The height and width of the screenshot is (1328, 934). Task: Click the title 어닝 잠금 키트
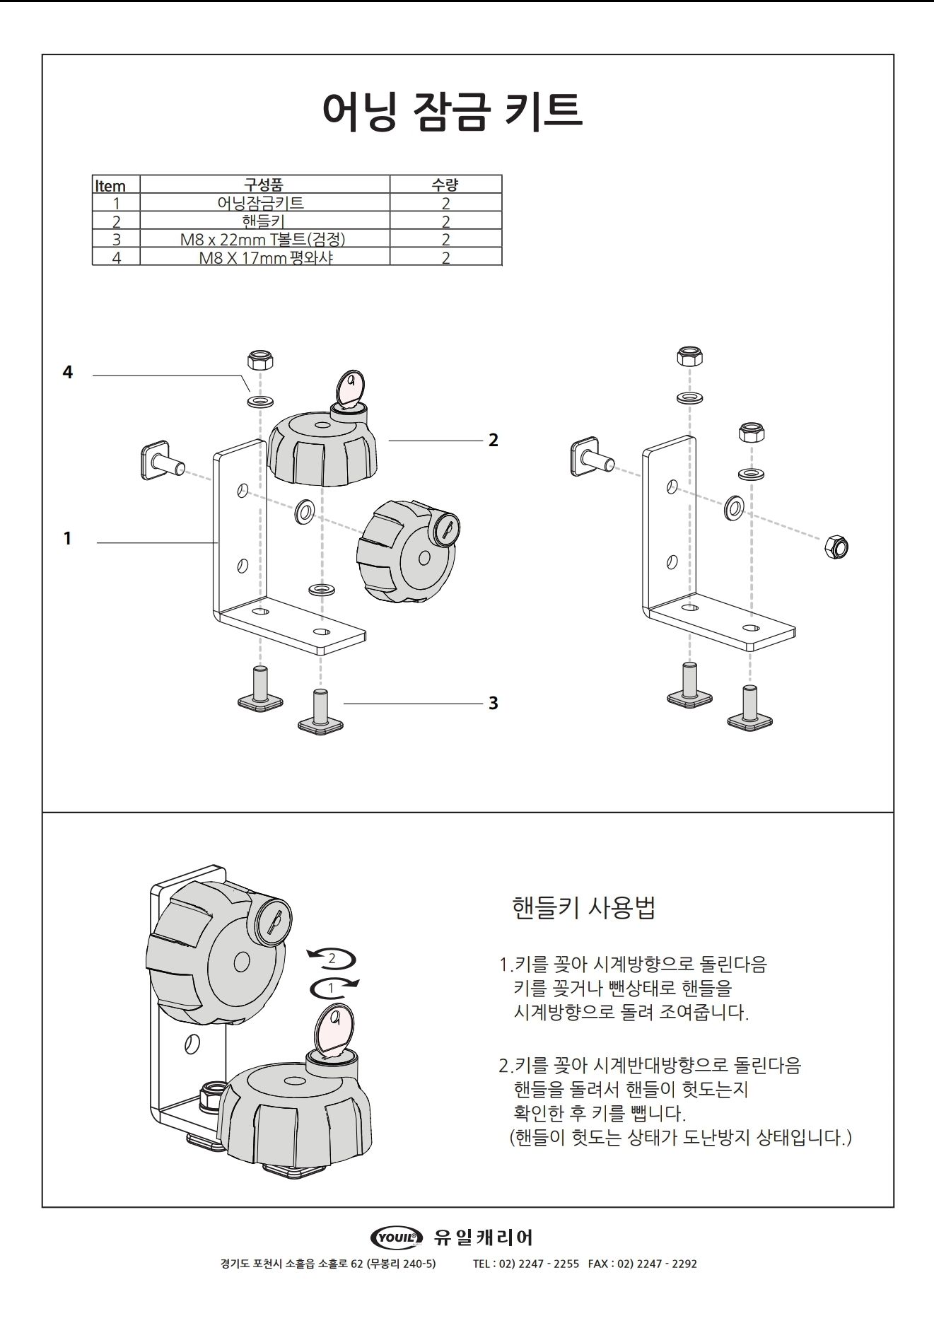pyautogui.click(x=453, y=111)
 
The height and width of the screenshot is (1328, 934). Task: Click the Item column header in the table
pyautogui.click(x=110, y=186)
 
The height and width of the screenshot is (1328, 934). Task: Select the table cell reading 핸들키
pyautogui.click(x=263, y=221)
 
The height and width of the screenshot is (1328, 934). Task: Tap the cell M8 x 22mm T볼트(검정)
pyautogui.click(x=263, y=240)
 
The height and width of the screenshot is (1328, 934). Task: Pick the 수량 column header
pyautogui.click(x=445, y=185)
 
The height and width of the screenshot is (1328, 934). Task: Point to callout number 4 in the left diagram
pyautogui.click(x=68, y=372)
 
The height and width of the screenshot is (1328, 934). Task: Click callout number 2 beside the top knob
pyautogui.click(x=494, y=440)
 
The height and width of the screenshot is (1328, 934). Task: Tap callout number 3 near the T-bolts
pyautogui.click(x=494, y=703)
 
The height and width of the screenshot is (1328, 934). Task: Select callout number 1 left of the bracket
pyautogui.click(x=68, y=539)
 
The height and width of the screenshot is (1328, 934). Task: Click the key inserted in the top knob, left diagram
pyautogui.click(x=350, y=390)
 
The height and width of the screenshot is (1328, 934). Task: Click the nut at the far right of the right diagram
pyautogui.click(x=837, y=547)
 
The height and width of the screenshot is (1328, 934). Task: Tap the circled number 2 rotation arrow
pyautogui.click(x=331, y=960)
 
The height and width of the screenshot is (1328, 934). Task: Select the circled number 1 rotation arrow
pyautogui.click(x=331, y=988)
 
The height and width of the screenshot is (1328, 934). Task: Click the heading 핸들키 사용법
pyautogui.click(x=583, y=907)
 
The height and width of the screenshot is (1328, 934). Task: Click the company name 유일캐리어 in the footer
pyautogui.click(x=484, y=1237)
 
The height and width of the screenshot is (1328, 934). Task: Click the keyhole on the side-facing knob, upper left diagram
pyautogui.click(x=446, y=528)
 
